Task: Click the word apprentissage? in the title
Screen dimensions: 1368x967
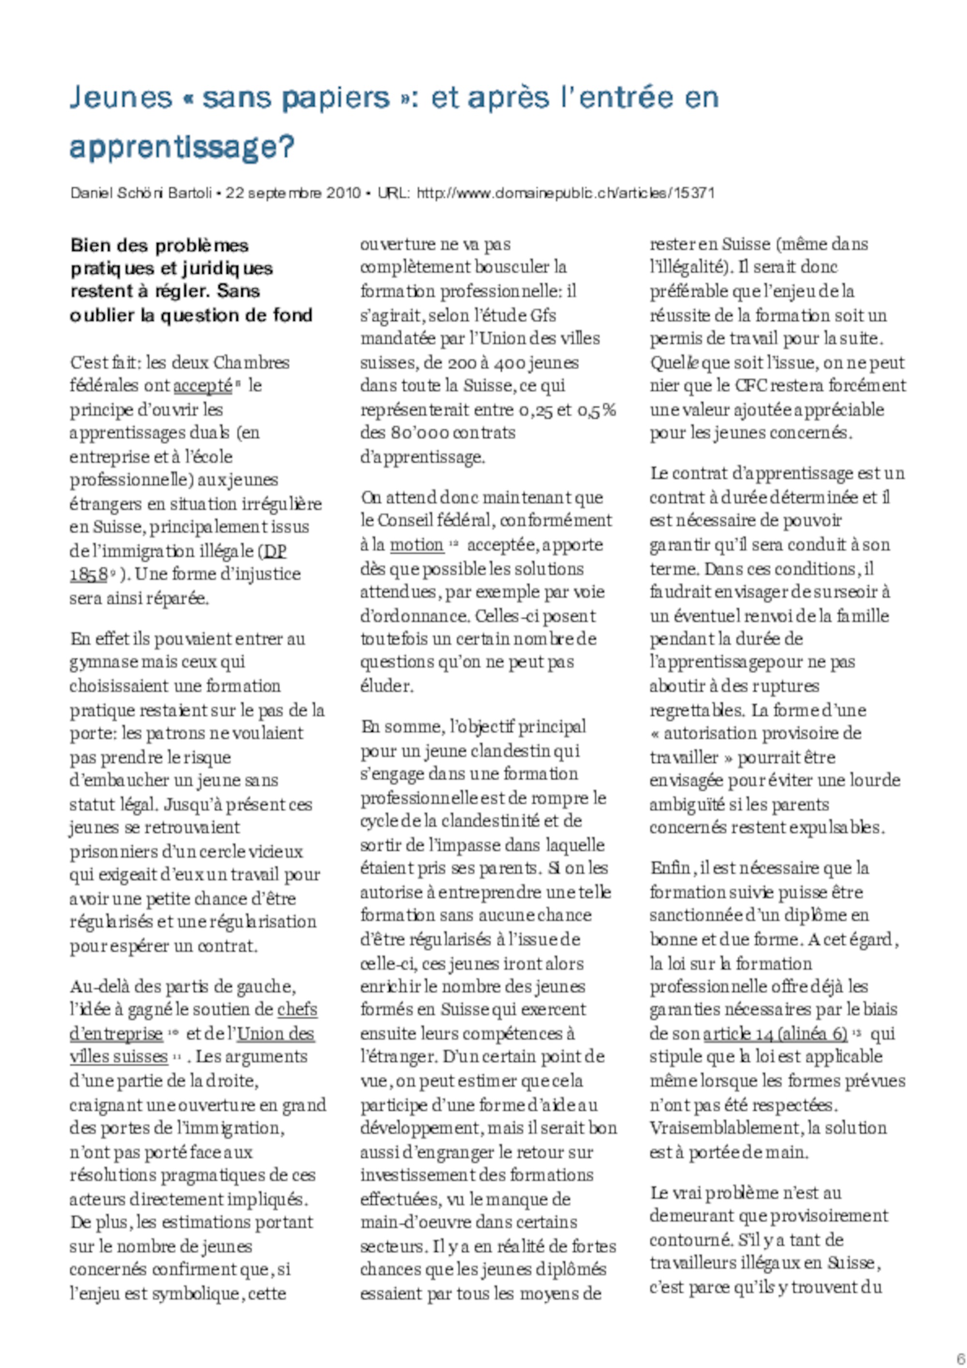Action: [182, 146]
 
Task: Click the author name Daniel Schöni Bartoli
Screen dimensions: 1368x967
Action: [141, 193]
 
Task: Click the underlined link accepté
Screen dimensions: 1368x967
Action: [202, 386]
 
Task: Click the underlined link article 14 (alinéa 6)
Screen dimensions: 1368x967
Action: [775, 1034]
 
